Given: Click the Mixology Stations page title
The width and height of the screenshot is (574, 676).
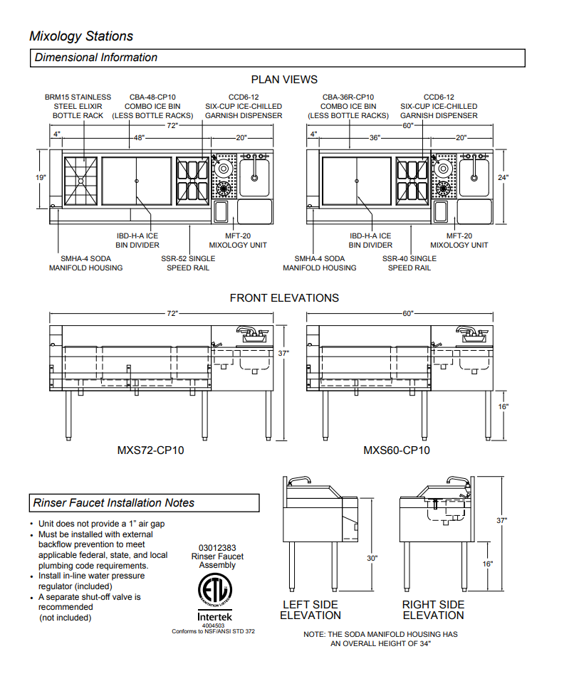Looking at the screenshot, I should (x=80, y=36).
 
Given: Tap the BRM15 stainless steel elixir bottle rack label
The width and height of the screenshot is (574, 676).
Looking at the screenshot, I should (x=78, y=106).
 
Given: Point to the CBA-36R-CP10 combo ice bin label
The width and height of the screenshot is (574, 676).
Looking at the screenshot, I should (x=348, y=106).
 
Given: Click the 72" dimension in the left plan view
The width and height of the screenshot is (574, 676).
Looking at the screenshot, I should (x=172, y=125).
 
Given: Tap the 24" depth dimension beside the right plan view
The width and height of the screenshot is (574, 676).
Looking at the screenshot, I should (x=504, y=177).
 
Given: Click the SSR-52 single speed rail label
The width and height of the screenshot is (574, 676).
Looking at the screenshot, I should (x=188, y=263).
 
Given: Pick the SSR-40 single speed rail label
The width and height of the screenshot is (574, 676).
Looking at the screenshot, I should (x=409, y=263).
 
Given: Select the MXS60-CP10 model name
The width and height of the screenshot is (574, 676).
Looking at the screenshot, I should (x=396, y=450).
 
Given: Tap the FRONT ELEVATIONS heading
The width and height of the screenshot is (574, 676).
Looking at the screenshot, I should (x=284, y=298).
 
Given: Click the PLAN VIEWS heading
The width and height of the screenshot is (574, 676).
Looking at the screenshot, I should (x=284, y=80).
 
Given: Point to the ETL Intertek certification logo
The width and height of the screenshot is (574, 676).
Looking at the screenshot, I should (x=215, y=592).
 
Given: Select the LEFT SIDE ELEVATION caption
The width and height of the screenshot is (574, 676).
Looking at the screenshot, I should (x=311, y=610).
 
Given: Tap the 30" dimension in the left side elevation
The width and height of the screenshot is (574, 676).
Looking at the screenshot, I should (x=372, y=559).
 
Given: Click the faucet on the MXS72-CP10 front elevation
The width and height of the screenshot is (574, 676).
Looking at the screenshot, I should (x=247, y=332).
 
